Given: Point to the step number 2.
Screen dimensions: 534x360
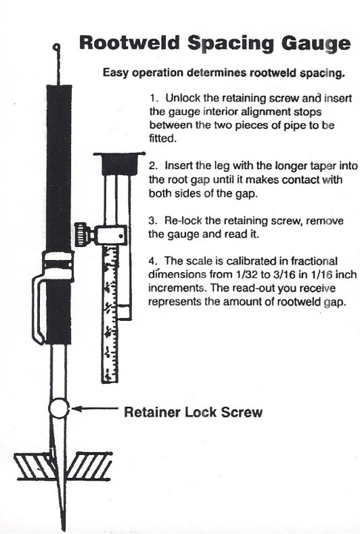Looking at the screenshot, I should click(x=152, y=164).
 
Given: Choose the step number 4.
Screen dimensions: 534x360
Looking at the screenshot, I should click(x=152, y=263).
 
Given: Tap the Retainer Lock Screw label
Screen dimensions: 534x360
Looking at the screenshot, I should click(x=194, y=412).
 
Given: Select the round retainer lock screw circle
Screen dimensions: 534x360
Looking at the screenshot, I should click(x=60, y=409).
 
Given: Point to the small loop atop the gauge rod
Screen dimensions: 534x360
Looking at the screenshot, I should click(x=57, y=47).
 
